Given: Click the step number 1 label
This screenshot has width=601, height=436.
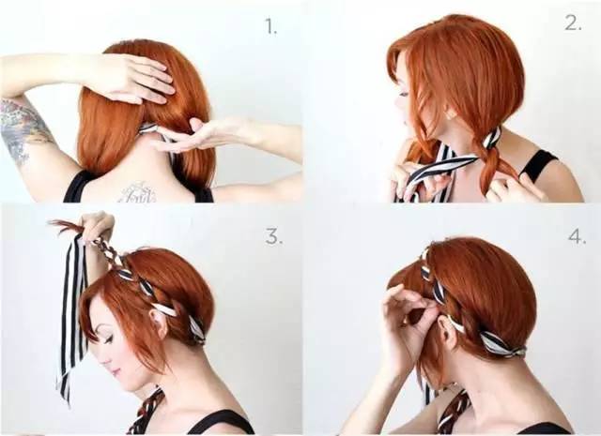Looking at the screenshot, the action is pos(271,27).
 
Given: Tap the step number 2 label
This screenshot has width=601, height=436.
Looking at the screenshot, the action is pos(574,23).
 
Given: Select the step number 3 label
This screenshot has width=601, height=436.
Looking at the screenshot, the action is pos(274,237).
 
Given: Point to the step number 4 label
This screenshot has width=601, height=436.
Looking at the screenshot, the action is pos(578,237).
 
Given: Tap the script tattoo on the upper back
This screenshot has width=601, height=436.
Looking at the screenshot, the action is pos(136,192).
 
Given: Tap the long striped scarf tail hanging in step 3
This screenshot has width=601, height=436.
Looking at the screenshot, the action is pos(71,318).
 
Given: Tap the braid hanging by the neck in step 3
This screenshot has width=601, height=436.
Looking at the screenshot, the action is pos(146,410).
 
